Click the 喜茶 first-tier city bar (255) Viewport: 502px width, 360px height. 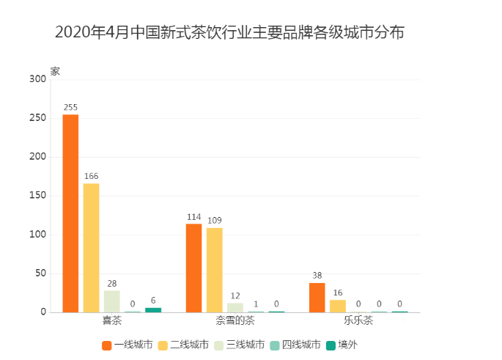tap(70, 213)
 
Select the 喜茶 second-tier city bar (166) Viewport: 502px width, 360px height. tap(91, 248)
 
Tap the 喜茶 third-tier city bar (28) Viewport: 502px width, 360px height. tap(111, 301)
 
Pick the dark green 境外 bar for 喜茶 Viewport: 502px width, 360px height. tap(152, 309)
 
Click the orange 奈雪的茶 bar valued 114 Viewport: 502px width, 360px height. tap(193, 268)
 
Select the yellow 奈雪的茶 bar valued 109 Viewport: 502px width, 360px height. tap(214, 270)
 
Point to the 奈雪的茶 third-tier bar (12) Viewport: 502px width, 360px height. tap(235, 307)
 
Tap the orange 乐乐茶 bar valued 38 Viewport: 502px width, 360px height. tap(317, 297)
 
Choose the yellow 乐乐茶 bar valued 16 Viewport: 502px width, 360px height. tap(337, 306)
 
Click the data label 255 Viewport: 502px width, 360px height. tap(70, 107)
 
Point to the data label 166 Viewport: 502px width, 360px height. tap(91, 176)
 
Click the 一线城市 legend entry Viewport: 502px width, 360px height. tap(128, 344)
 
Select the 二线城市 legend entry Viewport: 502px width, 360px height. tap(184, 344)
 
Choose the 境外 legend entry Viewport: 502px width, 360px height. tap(342, 344)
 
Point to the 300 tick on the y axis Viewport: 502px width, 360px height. tap(37, 79)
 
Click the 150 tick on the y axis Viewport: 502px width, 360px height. tap(37, 196)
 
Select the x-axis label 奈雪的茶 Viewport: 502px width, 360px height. tap(235, 321)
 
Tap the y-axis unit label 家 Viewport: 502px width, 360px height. tap(55, 71)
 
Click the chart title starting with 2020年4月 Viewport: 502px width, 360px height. tap(229, 33)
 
